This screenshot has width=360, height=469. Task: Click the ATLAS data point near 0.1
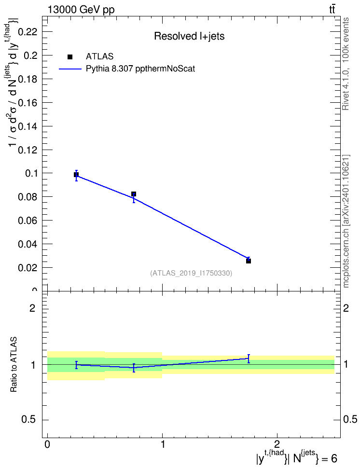tap(76, 175)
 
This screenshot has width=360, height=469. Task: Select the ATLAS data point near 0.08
tap(134, 194)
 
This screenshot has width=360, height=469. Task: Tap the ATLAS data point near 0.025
tap(249, 261)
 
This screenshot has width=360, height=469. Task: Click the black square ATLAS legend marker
tap(70, 57)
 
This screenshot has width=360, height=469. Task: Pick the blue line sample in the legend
tap(70, 69)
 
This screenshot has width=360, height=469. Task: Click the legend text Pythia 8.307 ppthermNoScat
tap(140, 69)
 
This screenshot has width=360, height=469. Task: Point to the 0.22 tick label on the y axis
tap(28, 31)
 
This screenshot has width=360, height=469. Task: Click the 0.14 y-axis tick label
tap(28, 126)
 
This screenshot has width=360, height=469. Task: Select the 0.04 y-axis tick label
tap(28, 244)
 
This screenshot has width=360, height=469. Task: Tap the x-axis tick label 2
tap(277, 444)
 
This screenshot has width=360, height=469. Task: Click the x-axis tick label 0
tap(47, 444)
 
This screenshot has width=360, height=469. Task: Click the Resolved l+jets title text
tap(189, 36)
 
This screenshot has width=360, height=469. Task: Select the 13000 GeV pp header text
tap(81, 10)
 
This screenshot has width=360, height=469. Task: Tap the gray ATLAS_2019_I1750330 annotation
tap(191, 273)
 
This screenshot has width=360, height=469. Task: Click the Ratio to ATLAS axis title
tap(14, 365)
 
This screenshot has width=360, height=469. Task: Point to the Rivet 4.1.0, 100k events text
tap(346, 64)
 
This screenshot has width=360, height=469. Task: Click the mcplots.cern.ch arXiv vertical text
tap(346, 221)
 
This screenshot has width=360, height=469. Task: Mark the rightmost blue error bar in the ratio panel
tap(249, 359)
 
